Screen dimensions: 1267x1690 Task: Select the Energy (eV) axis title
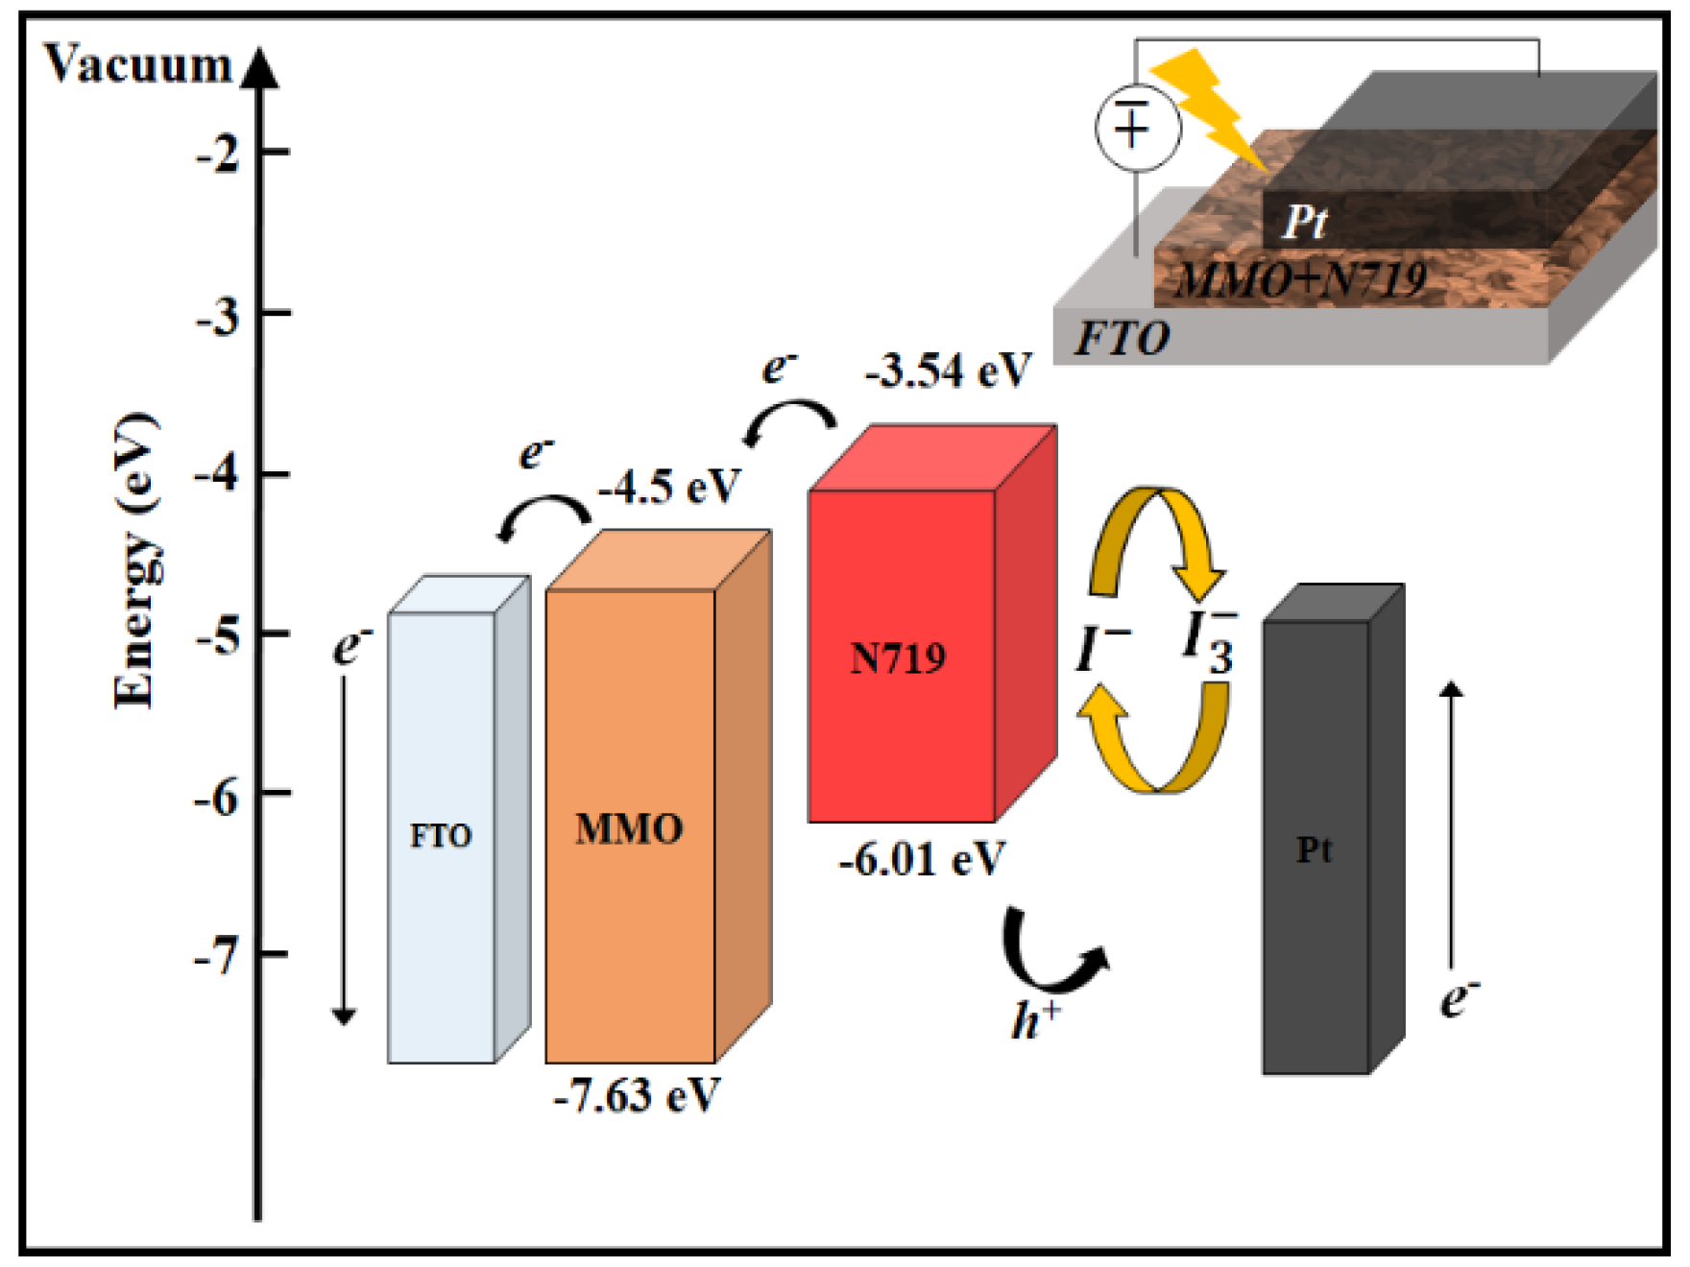tap(133, 562)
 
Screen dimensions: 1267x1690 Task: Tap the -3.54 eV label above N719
tap(949, 371)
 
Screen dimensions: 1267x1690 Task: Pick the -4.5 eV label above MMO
tap(669, 487)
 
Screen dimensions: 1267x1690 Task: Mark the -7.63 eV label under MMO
tap(637, 1095)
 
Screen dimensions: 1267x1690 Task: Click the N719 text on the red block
tap(898, 658)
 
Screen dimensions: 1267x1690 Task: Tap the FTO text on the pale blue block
tap(441, 836)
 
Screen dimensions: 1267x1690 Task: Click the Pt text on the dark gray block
tap(1314, 849)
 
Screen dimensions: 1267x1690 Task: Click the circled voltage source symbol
tap(1137, 128)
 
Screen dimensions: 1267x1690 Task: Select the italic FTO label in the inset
tap(1122, 339)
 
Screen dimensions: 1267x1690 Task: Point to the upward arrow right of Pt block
tap(1452, 825)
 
